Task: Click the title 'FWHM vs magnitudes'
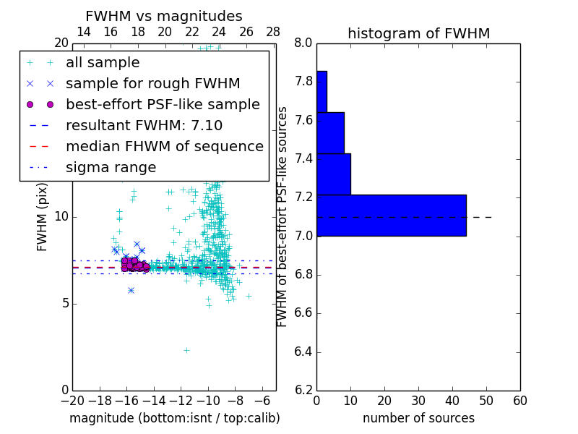(164, 17)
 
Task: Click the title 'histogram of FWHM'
(418, 34)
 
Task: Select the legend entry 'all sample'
(103, 63)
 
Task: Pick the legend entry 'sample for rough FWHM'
(152, 84)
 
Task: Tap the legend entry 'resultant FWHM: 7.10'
(144, 125)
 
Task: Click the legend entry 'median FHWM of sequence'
(164, 146)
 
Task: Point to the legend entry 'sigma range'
(111, 167)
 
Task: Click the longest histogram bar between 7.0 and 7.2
(391, 215)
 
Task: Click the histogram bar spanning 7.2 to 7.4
(333, 174)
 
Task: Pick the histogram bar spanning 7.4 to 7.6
(330, 132)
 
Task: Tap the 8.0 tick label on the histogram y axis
(303, 43)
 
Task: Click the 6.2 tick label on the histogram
(303, 391)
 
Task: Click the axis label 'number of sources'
(418, 418)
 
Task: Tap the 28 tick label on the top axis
(273, 32)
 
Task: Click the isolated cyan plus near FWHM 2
(186, 350)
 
